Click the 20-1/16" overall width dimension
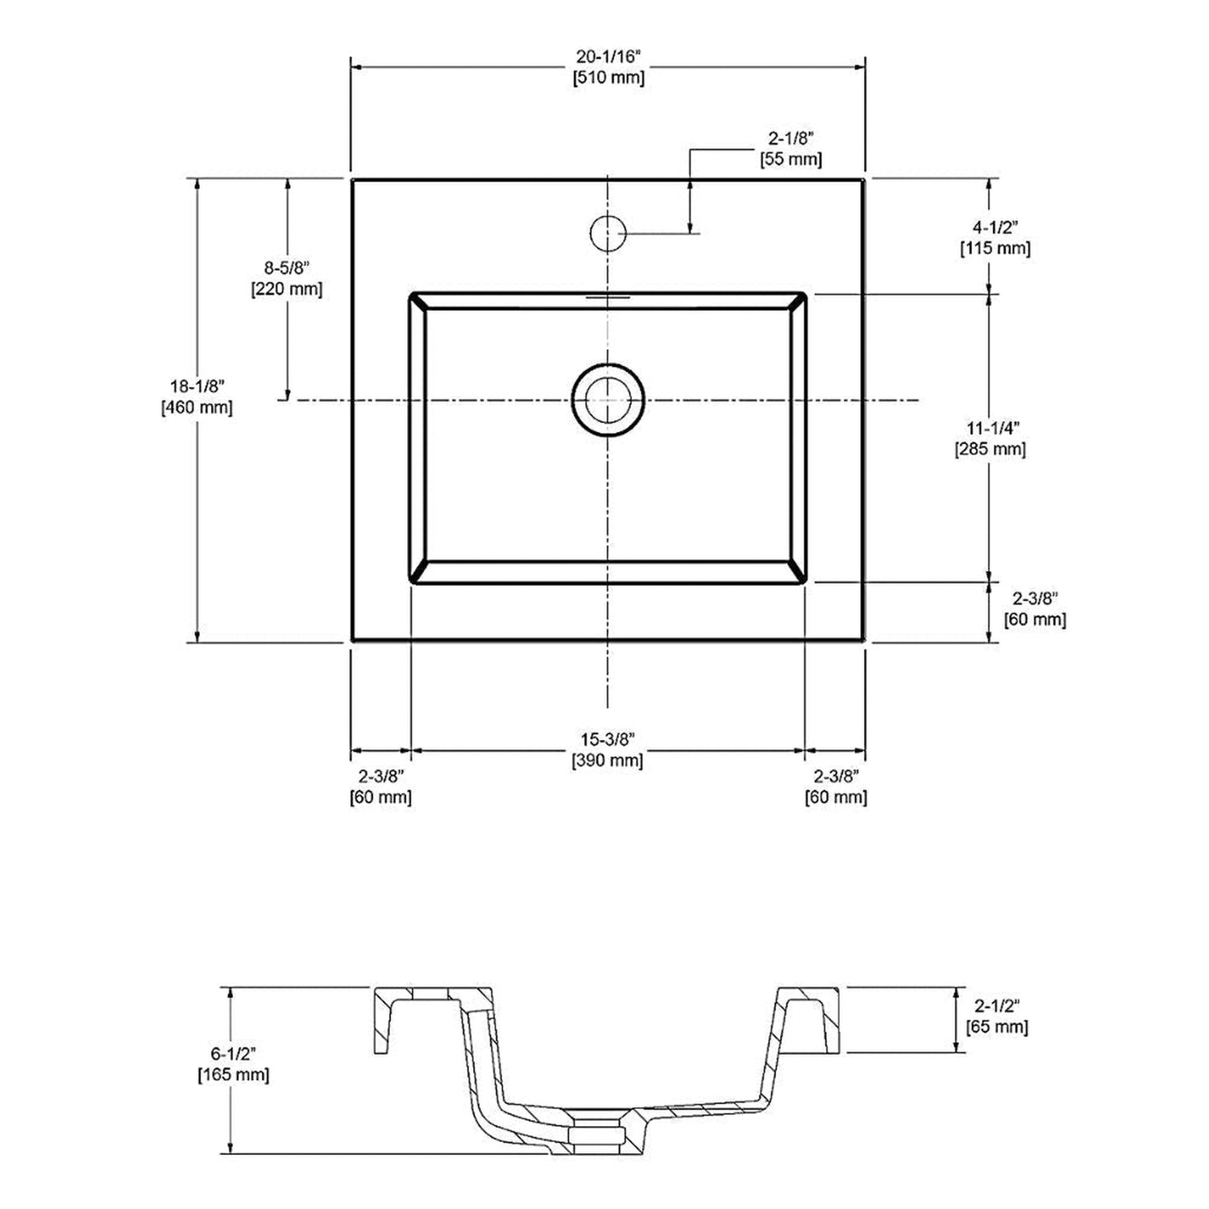pos(608,57)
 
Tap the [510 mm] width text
pos(608,78)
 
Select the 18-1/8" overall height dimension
pos(197,386)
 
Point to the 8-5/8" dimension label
pos(287,268)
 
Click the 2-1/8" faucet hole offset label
pos(790,139)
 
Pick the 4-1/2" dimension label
pos(995,227)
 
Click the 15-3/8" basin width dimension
pos(608,738)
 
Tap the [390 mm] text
pos(608,759)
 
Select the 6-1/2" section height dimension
pos(234,1053)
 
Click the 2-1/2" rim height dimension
pos(997,1005)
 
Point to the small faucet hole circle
pos(608,233)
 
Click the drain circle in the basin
pos(608,400)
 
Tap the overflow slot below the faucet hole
pos(608,297)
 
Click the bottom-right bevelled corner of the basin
pos(798,573)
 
